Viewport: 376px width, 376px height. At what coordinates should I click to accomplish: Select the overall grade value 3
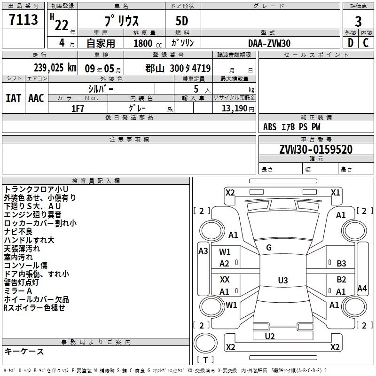pyautogui.click(x=358, y=21)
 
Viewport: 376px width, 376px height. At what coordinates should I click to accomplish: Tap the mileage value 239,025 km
pyautogui.click(x=55, y=68)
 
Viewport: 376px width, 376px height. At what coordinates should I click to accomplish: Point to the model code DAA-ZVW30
pyautogui.click(x=269, y=43)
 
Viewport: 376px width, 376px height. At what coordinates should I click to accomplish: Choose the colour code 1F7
pyautogui.click(x=78, y=108)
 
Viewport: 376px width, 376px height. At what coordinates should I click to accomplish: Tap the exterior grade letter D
pyautogui.click(x=350, y=43)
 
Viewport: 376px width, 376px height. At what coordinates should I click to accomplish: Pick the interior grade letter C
pyautogui.click(x=366, y=43)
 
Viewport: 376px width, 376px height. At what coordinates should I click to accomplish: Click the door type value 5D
pyautogui.click(x=183, y=22)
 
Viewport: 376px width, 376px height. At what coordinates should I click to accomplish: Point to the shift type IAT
pyautogui.click(x=13, y=98)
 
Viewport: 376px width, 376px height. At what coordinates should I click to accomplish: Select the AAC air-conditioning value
pyautogui.click(x=36, y=98)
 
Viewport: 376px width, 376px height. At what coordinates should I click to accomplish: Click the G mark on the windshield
pyautogui.click(x=269, y=248)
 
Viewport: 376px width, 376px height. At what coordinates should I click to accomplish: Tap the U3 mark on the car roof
pyautogui.click(x=282, y=281)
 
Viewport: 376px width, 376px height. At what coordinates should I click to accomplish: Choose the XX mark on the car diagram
pyautogui.click(x=225, y=280)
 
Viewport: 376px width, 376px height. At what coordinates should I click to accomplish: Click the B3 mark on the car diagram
pyautogui.click(x=341, y=264)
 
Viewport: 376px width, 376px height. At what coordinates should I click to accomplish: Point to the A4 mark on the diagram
pyautogui.click(x=361, y=289)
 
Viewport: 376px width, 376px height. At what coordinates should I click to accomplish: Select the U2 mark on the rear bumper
pyautogui.click(x=270, y=336)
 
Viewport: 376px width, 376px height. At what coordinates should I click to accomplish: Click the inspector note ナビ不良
pyautogui.click(x=18, y=232)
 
